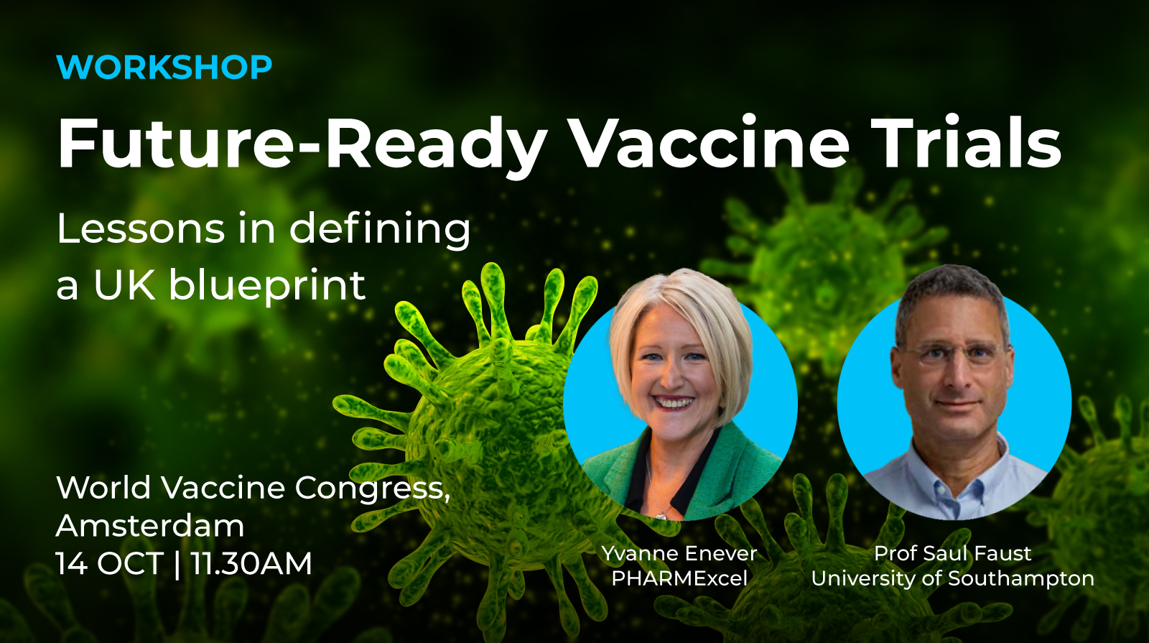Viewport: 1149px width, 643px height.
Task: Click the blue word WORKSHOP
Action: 164,68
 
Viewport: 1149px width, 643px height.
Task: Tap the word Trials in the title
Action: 966,143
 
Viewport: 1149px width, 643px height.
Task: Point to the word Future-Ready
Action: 302,144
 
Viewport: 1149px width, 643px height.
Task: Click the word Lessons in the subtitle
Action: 141,229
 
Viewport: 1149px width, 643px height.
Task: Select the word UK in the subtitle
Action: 124,285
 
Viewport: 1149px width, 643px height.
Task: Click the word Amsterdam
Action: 150,526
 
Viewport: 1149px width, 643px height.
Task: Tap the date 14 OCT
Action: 110,564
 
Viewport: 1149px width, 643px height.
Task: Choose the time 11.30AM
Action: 251,564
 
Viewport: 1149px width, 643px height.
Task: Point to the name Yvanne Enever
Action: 679,553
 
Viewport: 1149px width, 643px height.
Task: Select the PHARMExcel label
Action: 679,578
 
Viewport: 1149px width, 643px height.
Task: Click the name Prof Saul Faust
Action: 952,553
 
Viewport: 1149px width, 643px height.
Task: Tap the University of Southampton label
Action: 952,578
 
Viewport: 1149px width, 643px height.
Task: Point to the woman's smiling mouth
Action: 673,402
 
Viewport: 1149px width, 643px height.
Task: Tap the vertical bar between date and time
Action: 177,564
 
